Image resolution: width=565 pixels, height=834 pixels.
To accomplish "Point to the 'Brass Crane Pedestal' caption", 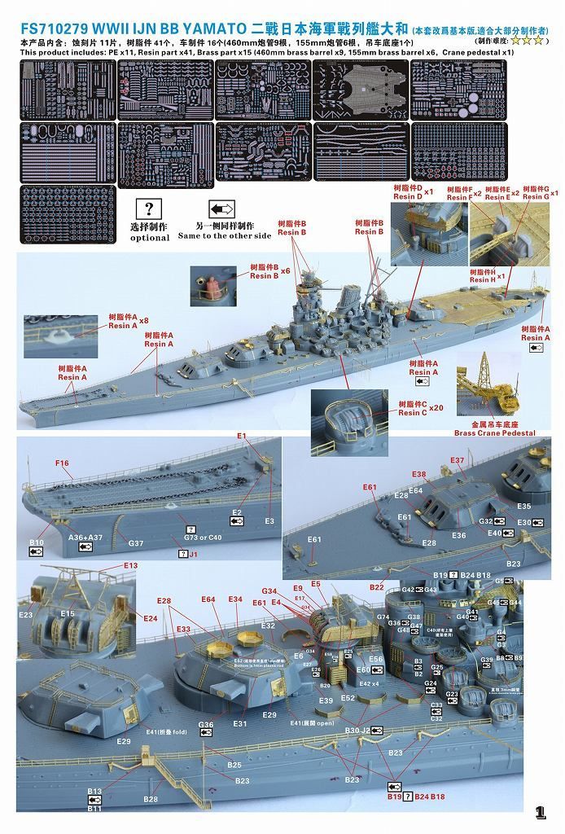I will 494,433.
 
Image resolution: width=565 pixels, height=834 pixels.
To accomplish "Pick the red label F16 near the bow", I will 63,463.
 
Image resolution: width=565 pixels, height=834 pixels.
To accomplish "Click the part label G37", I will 136,542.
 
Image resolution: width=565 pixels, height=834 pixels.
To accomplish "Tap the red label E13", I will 131,565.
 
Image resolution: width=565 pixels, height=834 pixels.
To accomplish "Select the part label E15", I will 67,613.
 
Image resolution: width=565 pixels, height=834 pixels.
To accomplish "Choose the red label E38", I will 418,474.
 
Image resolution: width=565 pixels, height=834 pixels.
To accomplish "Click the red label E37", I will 457,460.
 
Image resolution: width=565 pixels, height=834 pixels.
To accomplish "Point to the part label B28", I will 150,800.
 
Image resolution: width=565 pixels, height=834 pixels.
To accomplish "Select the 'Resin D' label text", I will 408,196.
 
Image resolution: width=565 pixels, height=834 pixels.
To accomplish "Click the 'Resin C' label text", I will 414,413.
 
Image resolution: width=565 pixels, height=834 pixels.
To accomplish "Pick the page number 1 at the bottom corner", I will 541,811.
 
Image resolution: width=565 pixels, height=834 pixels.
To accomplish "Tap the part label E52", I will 348,698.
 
